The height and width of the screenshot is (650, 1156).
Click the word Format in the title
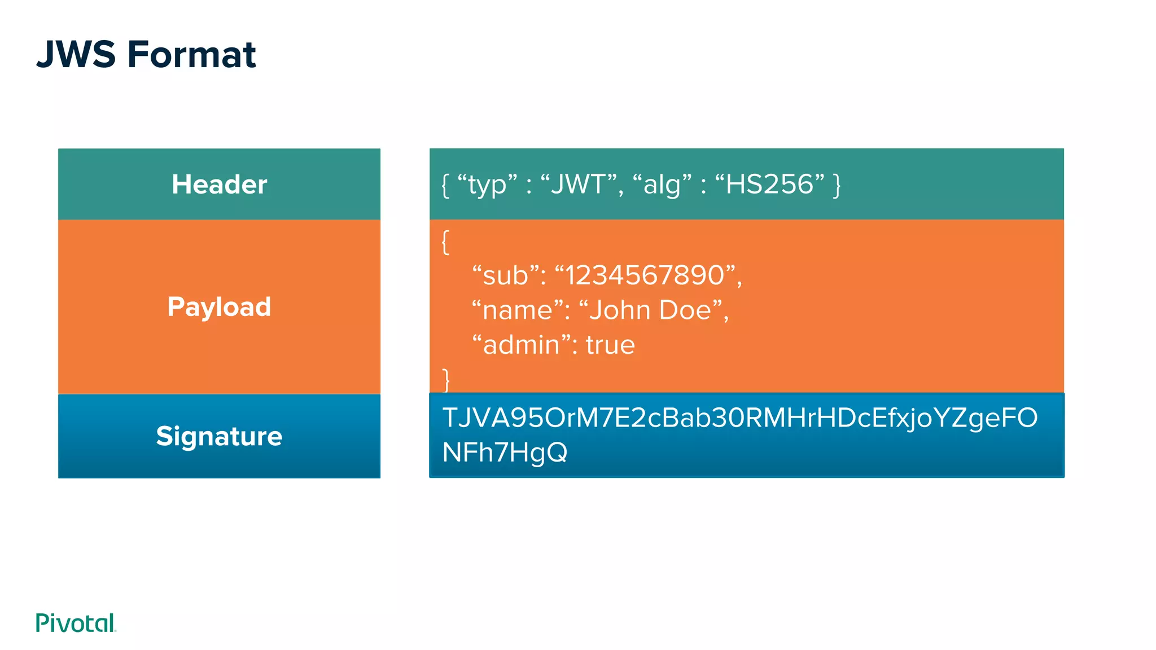(192, 55)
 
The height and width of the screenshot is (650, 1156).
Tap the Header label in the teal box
(219, 185)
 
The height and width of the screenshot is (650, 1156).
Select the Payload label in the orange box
(219, 307)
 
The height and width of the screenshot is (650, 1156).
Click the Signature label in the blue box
(219, 436)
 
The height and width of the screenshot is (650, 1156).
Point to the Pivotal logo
(76, 623)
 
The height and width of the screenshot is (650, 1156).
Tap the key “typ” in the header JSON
(487, 185)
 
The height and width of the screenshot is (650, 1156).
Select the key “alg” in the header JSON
(662, 185)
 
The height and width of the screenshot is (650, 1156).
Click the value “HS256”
(770, 185)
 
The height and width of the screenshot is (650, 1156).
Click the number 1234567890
(645, 275)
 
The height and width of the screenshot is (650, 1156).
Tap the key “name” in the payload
(518, 310)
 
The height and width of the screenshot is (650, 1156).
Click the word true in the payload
(610, 345)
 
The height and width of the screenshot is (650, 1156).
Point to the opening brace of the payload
(445, 242)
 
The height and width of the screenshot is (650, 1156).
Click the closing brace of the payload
(445, 380)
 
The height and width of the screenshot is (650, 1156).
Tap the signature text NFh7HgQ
(505, 453)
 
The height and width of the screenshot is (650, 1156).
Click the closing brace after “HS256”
(837, 185)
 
